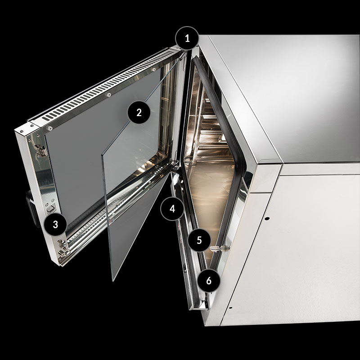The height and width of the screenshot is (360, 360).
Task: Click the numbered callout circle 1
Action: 187,38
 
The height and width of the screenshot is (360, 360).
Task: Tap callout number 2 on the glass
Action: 139,112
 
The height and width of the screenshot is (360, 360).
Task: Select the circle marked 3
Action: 55,224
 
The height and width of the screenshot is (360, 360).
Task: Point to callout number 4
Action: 172,209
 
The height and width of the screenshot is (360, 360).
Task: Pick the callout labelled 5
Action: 199,240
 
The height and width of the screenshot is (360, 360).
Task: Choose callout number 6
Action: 208,280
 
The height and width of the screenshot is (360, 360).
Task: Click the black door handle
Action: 31,208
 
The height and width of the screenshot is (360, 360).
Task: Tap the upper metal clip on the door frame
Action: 41,151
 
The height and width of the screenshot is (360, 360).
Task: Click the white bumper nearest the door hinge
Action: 153,69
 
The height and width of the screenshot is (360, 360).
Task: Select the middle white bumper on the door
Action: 108,94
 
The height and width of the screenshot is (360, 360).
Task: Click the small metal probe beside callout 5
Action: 220,248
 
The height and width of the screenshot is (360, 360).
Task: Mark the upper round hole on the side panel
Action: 266,218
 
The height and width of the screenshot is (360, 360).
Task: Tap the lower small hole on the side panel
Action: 230,308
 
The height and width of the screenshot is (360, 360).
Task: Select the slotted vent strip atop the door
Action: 108,85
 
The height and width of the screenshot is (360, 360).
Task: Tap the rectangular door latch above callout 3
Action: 51,208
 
